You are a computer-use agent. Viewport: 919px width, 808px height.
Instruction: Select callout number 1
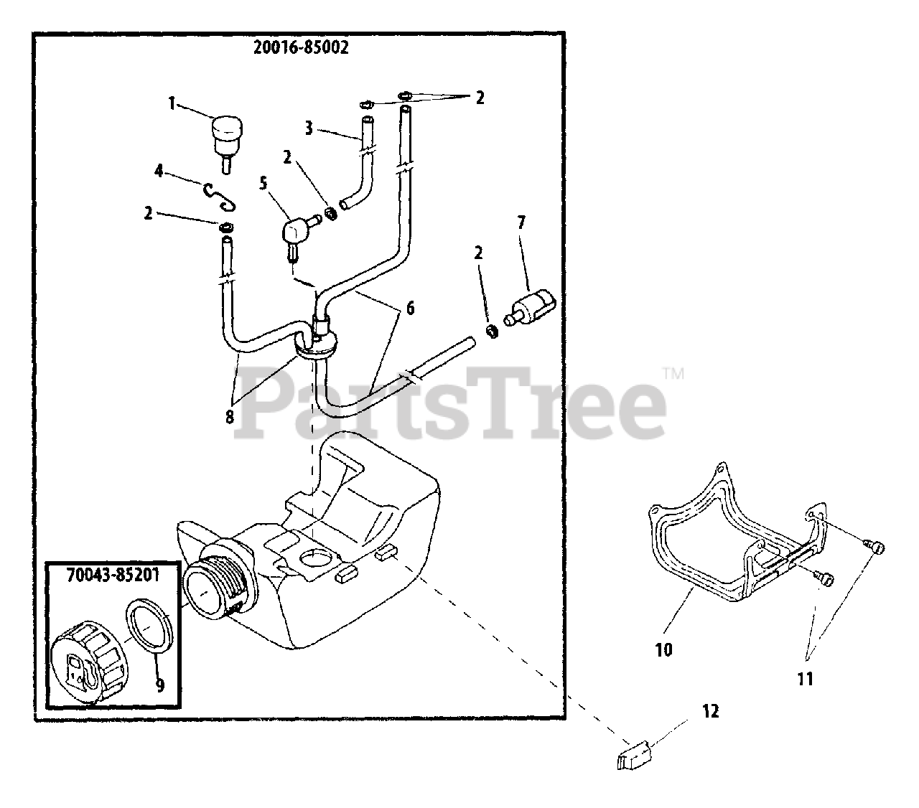point(172,104)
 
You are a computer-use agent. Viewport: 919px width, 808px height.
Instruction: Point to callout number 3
point(308,128)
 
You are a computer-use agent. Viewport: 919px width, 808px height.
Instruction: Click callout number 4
point(159,172)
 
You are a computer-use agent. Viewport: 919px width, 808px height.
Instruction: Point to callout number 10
point(664,650)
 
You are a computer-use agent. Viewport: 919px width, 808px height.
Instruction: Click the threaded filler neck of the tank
point(223,582)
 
